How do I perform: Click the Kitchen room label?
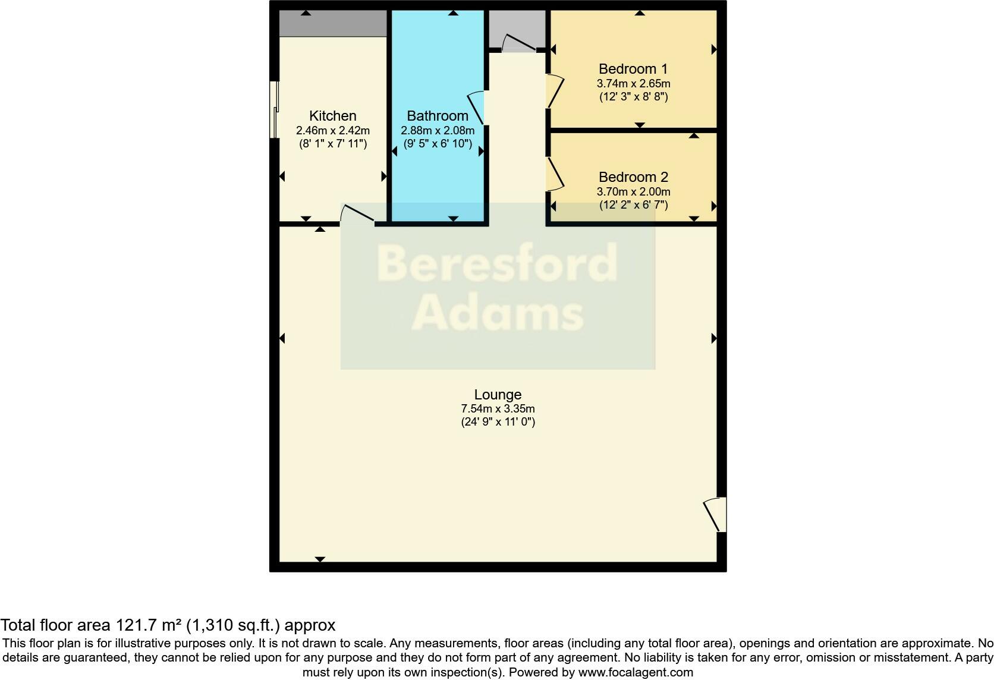pos(332,116)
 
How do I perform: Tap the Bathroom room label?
pos(438,116)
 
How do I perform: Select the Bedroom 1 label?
pos(633,69)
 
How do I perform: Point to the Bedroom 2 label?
pos(633,177)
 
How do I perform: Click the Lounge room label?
pos(498,395)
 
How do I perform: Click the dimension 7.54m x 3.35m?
pos(498,409)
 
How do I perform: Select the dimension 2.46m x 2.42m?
pos(332,130)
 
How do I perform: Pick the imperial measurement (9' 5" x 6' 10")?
pos(438,143)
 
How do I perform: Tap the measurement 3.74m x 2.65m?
pos(633,84)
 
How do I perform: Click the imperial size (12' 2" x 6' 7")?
pos(633,205)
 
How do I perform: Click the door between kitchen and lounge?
pos(357,215)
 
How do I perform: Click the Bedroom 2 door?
pos(554,174)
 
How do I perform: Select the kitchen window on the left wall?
pos(274,109)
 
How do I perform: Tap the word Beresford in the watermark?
pos(497,264)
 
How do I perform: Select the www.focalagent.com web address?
pos(636,672)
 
